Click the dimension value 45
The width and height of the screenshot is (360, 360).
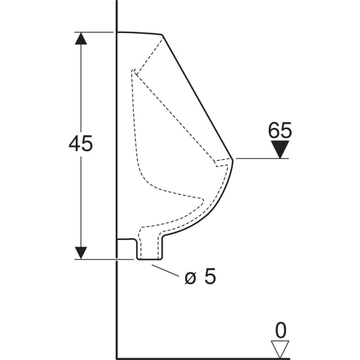(81, 144)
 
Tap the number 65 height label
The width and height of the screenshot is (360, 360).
(280, 130)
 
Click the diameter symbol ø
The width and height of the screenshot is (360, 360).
(190, 277)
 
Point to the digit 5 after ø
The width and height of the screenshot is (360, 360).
(209, 277)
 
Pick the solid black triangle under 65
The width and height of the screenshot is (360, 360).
(280, 149)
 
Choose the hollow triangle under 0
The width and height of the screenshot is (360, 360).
(280, 349)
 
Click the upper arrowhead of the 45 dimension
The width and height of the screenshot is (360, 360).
(81, 38)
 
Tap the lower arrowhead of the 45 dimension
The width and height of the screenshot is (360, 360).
(81, 253)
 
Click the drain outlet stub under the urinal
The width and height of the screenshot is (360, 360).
(150, 249)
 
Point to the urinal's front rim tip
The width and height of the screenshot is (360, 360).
(233, 158)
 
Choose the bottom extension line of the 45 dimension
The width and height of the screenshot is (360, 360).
(102, 259)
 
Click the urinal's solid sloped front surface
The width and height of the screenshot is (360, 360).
(198, 96)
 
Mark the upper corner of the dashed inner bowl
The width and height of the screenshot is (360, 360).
(134, 74)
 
